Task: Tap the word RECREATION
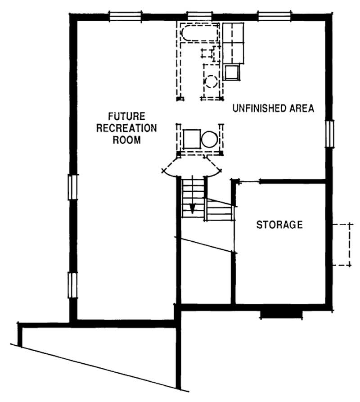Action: (126, 127)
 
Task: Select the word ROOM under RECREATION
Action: (126, 140)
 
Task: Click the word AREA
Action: (301, 108)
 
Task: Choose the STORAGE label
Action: (279, 225)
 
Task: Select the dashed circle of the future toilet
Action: (211, 81)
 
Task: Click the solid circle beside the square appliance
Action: (209, 139)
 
